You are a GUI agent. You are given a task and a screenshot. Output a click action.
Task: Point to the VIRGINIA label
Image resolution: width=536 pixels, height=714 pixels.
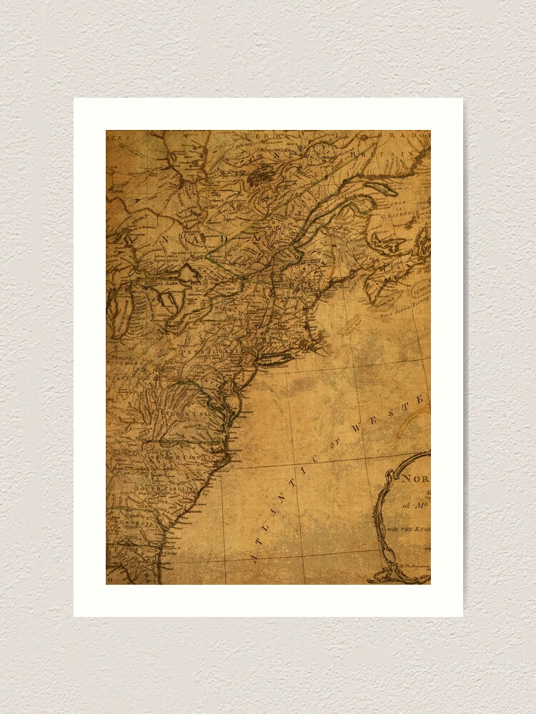click(184, 413)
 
